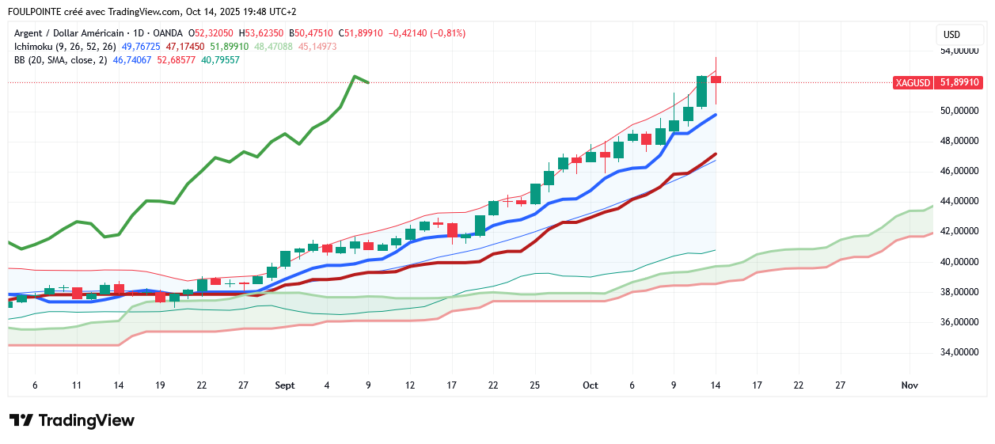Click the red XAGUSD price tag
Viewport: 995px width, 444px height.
click(913, 82)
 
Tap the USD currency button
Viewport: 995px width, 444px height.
click(951, 35)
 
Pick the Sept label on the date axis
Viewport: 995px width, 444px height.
click(285, 385)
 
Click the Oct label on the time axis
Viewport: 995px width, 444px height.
click(590, 385)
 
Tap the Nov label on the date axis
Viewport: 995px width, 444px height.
click(910, 385)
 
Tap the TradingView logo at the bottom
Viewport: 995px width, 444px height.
click(71, 420)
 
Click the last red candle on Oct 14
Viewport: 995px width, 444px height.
click(716, 79)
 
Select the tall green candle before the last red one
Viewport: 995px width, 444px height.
click(701, 92)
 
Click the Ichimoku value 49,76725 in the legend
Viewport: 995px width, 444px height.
click(140, 47)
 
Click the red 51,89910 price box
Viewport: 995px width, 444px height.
click(959, 82)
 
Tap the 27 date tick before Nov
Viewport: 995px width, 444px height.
click(840, 385)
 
